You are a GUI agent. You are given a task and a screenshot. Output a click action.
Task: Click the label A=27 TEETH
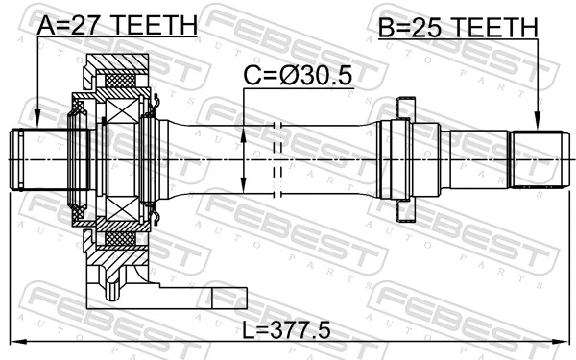pyautogui.click(x=116, y=23)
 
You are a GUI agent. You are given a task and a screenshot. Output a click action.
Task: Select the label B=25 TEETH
pyautogui.click(x=456, y=28)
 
